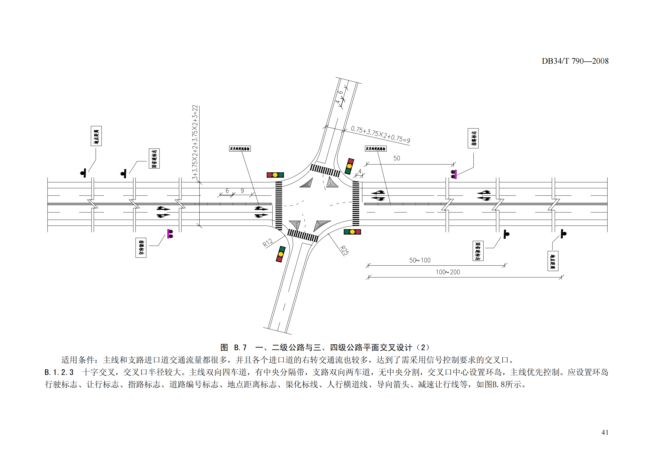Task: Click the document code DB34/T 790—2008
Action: (575, 61)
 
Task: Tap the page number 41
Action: (605, 432)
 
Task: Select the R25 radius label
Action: (344, 250)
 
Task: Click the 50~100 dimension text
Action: (420, 260)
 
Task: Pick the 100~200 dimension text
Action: (448, 272)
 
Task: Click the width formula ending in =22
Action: (195, 142)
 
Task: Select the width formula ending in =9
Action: (380, 134)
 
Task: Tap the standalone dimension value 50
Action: (397, 158)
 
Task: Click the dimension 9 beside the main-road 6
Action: (242, 191)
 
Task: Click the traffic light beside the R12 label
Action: (280, 254)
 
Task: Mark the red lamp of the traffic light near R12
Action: (279, 259)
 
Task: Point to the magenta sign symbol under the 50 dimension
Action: (454, 174)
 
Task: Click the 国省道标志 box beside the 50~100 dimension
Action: (478, 251)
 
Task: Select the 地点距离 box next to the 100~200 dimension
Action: (553, 261)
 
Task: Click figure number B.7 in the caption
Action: (240, 347)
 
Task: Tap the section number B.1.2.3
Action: (59, 372)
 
